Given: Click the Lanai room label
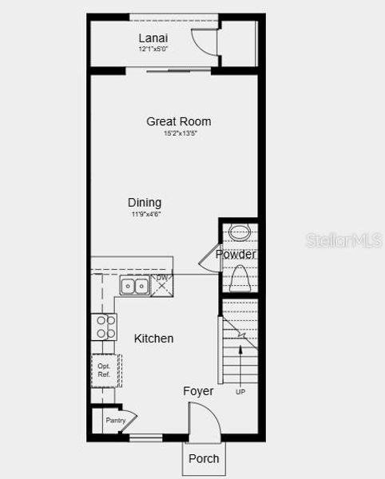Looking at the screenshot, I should [x=153, y=38].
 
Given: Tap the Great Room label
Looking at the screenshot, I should [x=179, y=121].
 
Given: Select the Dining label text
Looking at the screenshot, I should [x=145, y=203].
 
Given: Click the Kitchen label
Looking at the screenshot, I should [x=153, y=338].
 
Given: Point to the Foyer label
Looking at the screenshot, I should [x=198, y=391].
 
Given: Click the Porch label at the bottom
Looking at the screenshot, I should [x=203, y=458].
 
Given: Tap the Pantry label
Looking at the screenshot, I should [x=116, y=420].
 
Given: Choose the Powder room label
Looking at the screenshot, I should [x=236, y=255].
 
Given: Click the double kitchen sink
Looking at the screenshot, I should [x=134, y=286].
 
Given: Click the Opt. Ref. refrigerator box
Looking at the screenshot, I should [x=105, y=370].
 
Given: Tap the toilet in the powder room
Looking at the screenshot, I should [x=240, y=279].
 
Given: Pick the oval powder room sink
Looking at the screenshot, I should [x=240, y=233].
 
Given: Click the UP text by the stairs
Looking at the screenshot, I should [x=240, y=392].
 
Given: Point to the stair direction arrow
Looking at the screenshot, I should [x=240, y=370].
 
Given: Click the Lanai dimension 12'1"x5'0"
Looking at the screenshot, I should [x=153, y=49].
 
